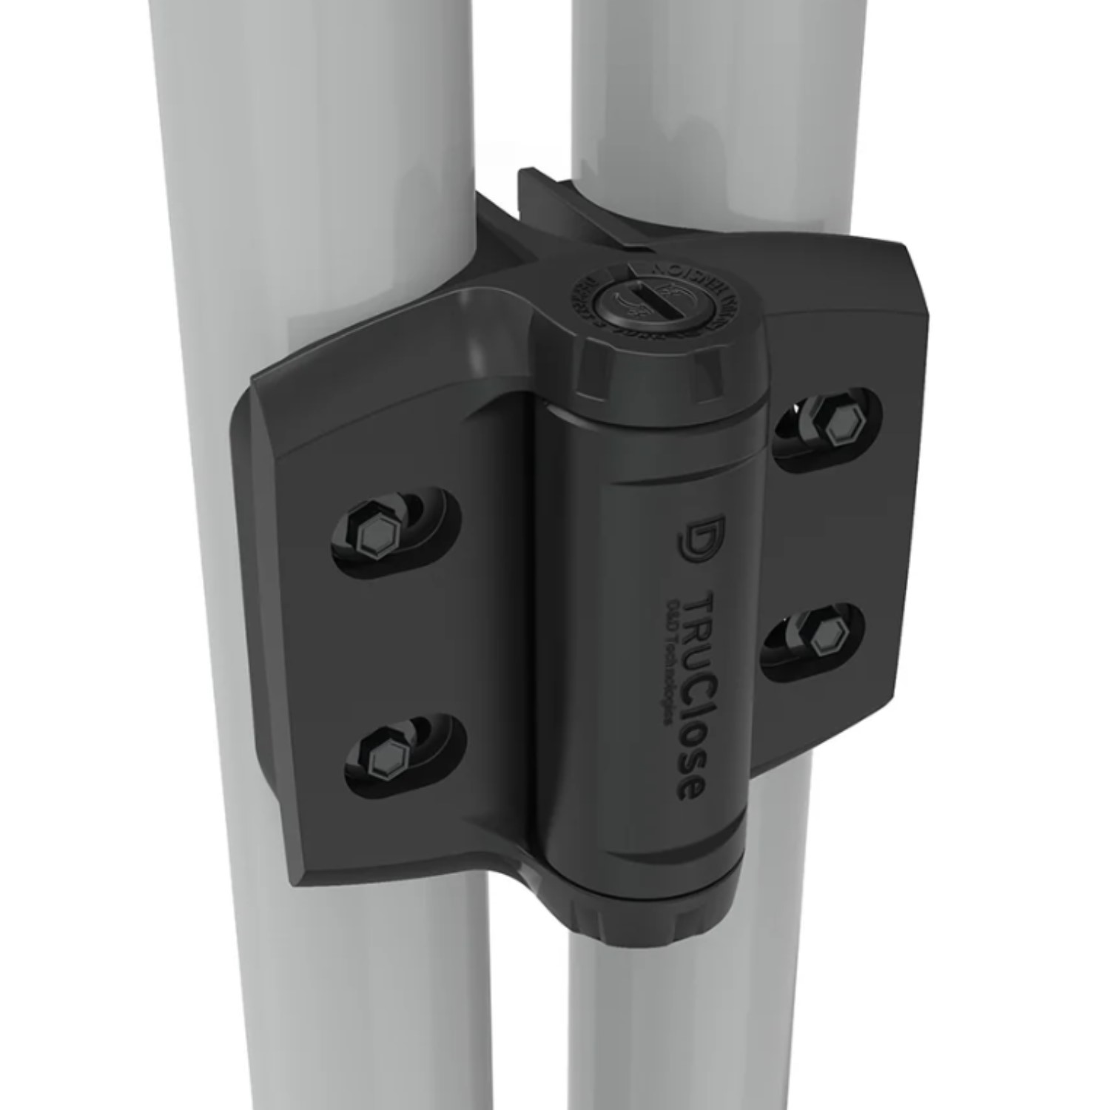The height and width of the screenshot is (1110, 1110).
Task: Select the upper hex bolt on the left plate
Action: click(374, 530)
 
